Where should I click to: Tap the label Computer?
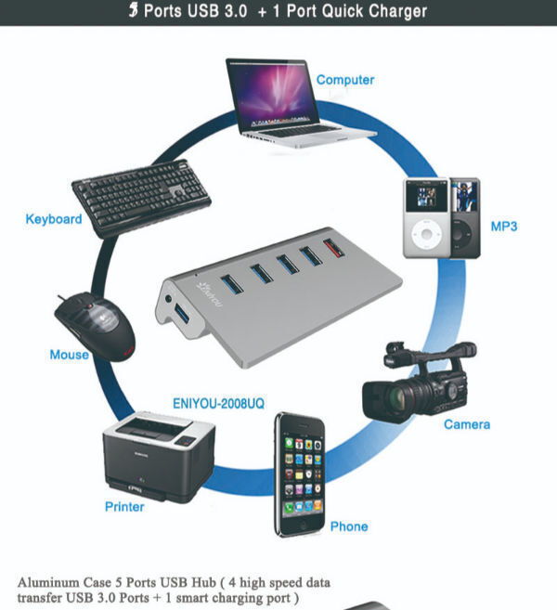click(x=345, y=80)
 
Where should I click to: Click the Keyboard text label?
click(x=53, y=220)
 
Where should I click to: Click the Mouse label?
click(x=69, y=355)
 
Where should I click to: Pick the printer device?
click(x=159, y=456)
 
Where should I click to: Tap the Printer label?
click(x=124, y=507)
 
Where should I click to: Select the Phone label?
click(x=349, y=526)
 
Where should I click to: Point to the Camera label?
click(x=467, y=424)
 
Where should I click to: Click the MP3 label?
click(x=504, y=227)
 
